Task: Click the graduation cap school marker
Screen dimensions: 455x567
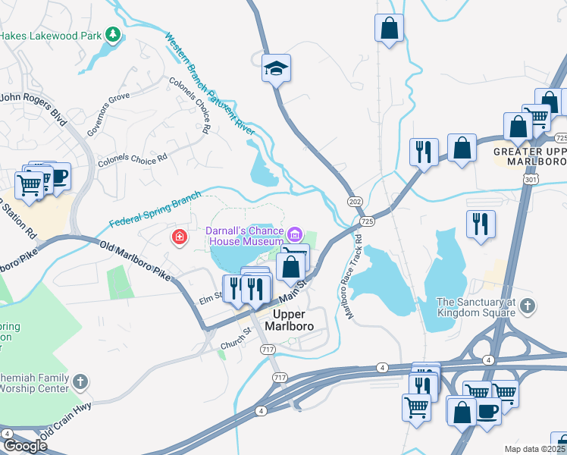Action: [277, 69]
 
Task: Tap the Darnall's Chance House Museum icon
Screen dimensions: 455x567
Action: [294, 232]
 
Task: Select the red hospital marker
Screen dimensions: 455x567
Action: [179, 237]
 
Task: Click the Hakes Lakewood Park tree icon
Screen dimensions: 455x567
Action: [113, 34]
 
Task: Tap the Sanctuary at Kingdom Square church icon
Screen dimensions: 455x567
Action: [528, 306]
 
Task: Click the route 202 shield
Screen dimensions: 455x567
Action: [355, 201]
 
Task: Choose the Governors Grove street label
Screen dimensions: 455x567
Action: [108, 115]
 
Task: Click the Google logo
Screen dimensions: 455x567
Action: [25, 445]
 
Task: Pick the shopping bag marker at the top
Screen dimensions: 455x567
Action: [389, 28]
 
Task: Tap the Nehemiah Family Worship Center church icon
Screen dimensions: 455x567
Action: [80, 381]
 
